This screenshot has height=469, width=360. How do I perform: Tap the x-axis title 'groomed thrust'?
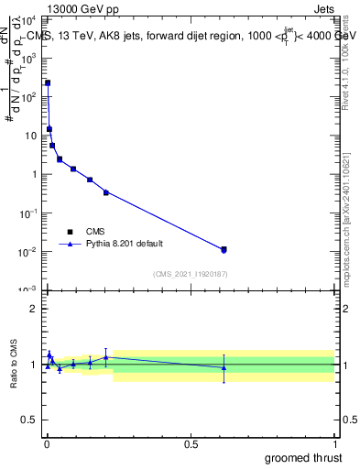click(304, 457)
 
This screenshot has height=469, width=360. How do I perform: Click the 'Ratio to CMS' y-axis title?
click(15, 364)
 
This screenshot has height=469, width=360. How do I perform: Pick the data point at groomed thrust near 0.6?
click(224, 249)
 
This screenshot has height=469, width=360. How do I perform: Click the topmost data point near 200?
click(48, 82)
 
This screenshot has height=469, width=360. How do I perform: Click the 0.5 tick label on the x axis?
click(191, 443)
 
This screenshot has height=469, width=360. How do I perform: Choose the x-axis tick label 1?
click(334, 443)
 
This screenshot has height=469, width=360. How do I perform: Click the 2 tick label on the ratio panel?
click(33, 309)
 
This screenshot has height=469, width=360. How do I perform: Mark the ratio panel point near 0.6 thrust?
click(224, 367)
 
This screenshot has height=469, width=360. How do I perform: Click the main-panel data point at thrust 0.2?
click(106, 192)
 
